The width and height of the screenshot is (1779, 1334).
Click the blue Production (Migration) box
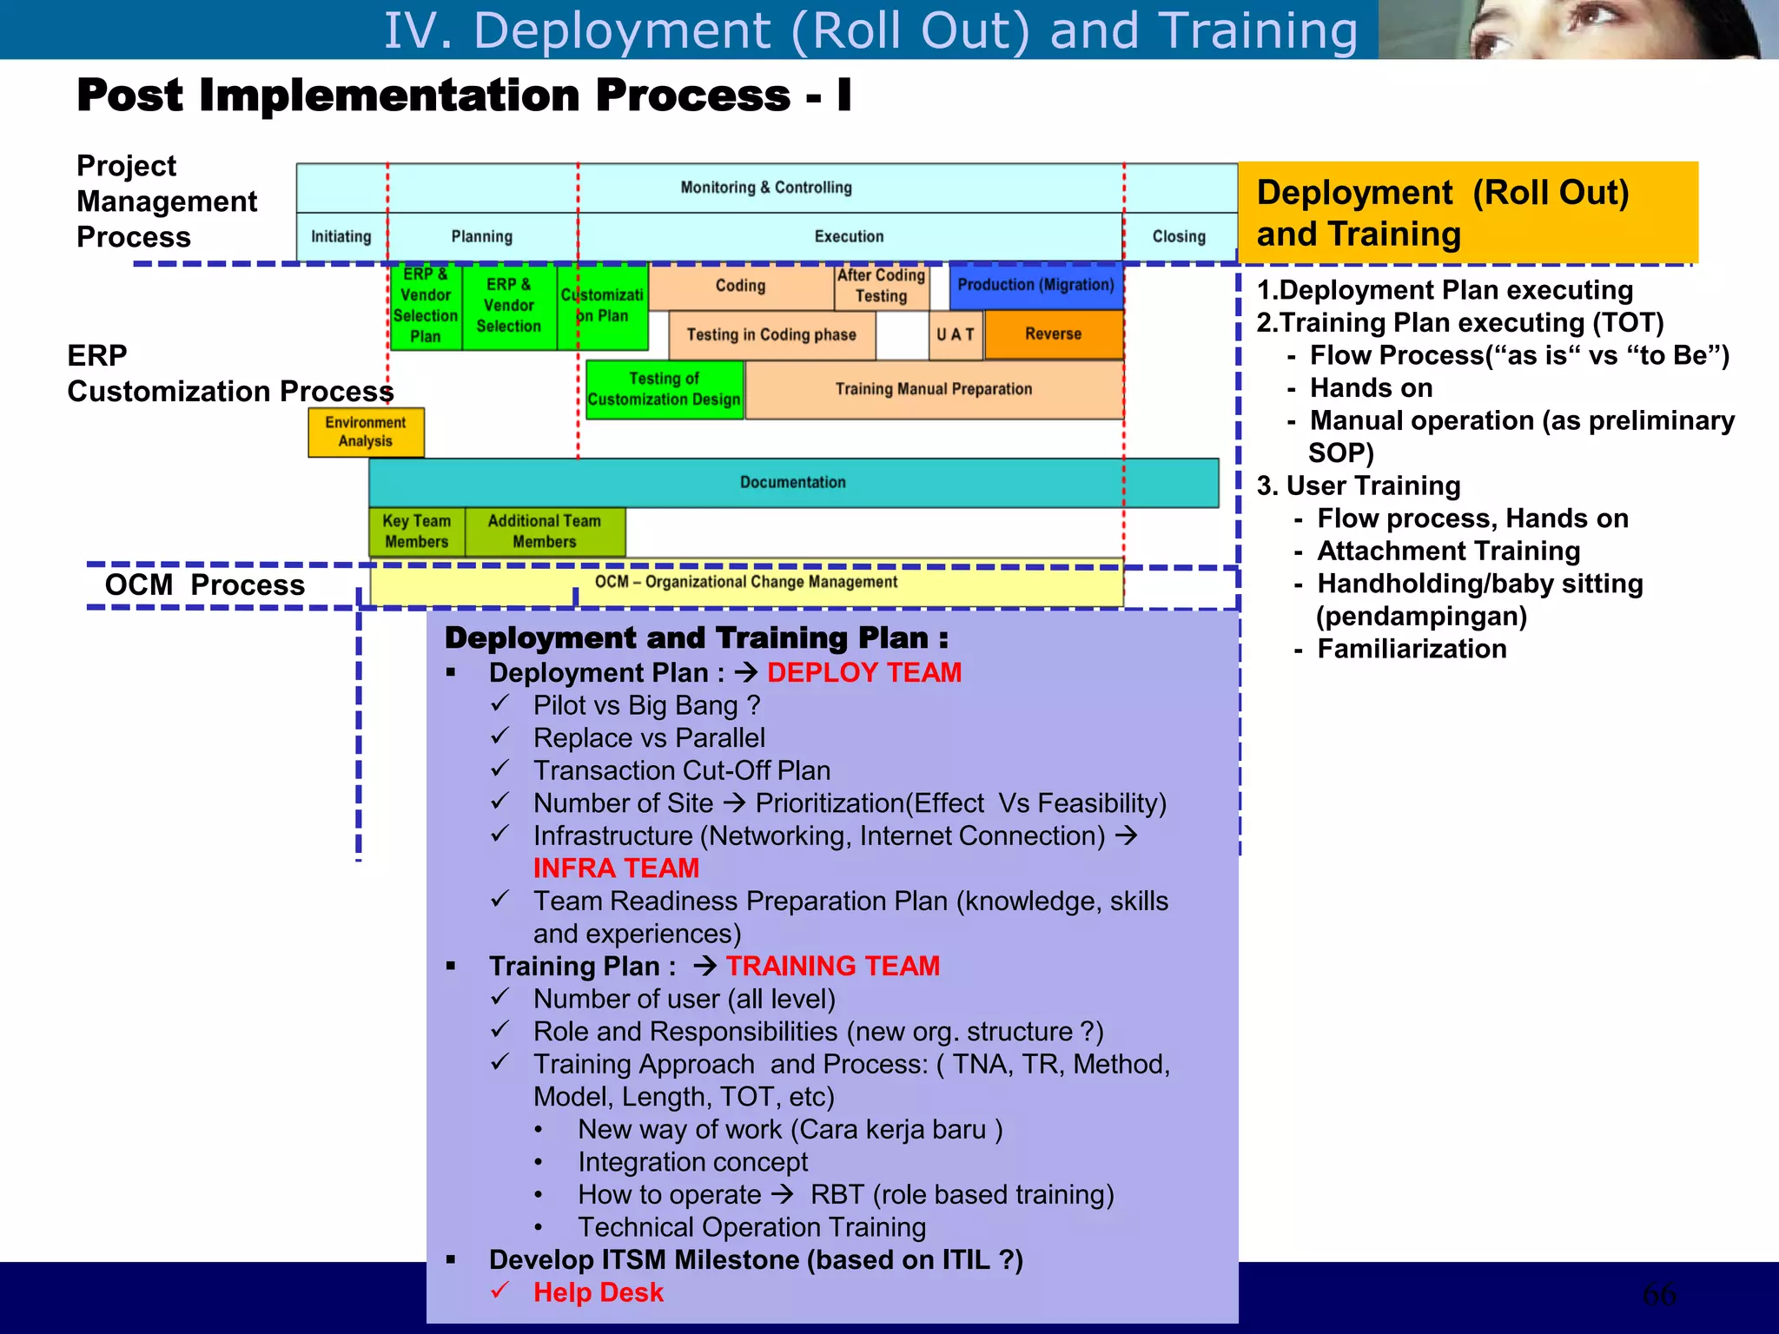tap(1035, 286)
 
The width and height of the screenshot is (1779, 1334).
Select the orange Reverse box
tap(1053, 334)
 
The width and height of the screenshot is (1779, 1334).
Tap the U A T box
tap(956, 335)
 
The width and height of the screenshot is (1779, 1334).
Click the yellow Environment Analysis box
tap(366, 432)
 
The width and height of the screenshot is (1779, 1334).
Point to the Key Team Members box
tap(417, 532)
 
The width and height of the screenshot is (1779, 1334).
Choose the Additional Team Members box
tap(545, 532)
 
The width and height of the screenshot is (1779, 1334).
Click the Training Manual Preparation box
tap(934, 390)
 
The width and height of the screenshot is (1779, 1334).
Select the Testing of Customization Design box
tap(665, 389)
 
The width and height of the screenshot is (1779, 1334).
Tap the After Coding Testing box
tap(881, 287)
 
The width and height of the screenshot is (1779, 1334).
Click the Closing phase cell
tap(1179, 236)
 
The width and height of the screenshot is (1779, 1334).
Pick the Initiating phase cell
tap(341, 236)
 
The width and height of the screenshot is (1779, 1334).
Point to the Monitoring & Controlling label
tap(766, 188)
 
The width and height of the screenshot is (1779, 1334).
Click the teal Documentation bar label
tap(792, 483)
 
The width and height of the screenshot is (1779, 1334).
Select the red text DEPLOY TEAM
tap(863, 673)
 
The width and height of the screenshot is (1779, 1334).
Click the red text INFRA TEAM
tap(616, 868)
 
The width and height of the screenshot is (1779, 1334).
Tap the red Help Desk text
tap(598, 1292)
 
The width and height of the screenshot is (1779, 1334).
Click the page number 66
tap(1659, 1294)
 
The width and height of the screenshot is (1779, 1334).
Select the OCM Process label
tap(205, 585)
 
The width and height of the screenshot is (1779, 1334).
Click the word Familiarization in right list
tap(1412, 650)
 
